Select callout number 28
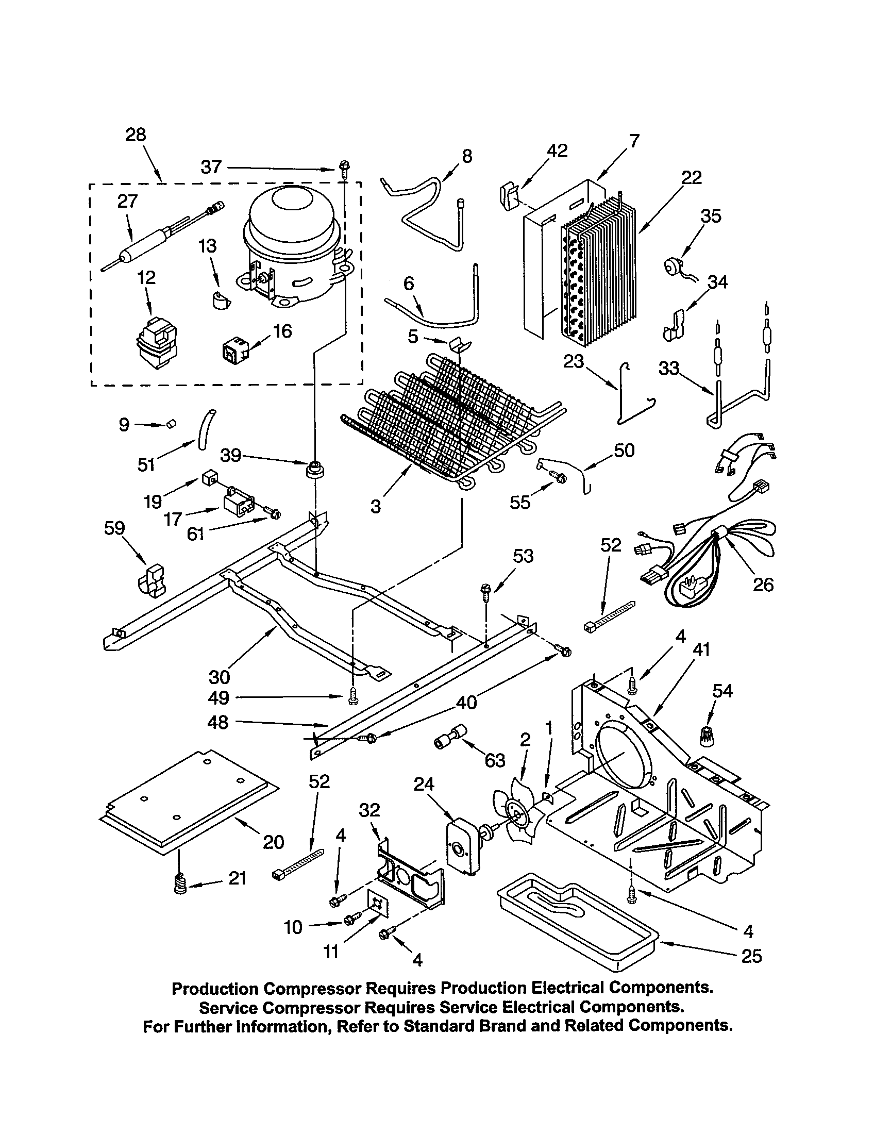136,135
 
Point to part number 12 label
146,277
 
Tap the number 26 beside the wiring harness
763,585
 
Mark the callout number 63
495,761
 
